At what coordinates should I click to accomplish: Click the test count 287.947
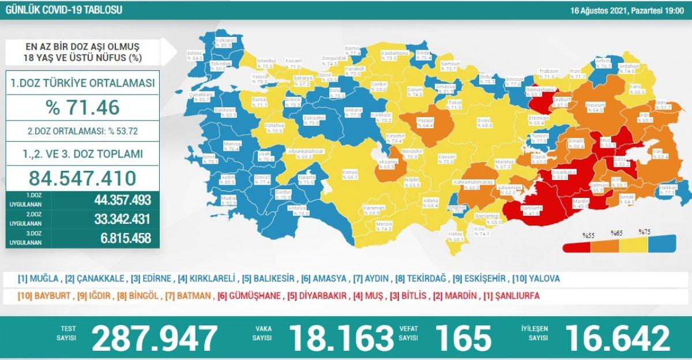155,337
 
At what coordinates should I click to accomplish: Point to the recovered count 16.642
618,337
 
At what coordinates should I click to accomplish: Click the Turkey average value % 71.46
82,107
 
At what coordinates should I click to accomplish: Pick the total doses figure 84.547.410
82,177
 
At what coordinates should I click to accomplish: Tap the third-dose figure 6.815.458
118,238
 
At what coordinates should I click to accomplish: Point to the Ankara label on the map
353,110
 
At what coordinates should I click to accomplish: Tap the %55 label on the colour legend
588,235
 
